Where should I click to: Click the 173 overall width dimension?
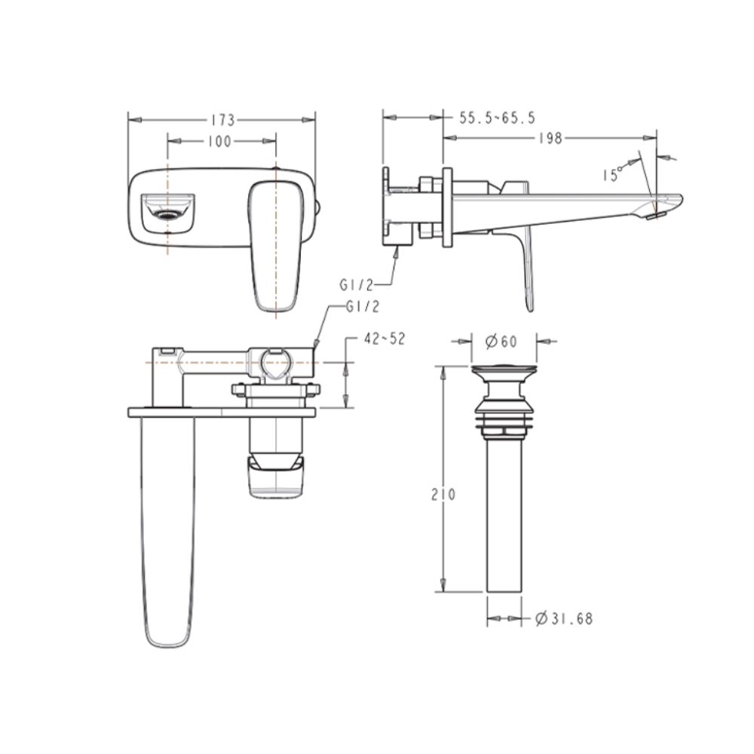pyautogui.click(x=222, y=119)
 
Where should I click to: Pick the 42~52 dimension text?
pyautogui.click(x=384, y=339)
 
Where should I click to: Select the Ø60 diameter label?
pyautogui.click(x=498, y=342)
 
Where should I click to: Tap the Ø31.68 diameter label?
pyautogui.click(x=563, y=619)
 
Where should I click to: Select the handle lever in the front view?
pyautogui.click(x=272, y=245)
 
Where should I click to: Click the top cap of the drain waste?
pyautogui.click(x=503, y=370)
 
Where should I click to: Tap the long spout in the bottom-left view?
pyautogui.click(x=167, y=528)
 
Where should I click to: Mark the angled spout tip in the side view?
pyautogui.click(x=664, y=206)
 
